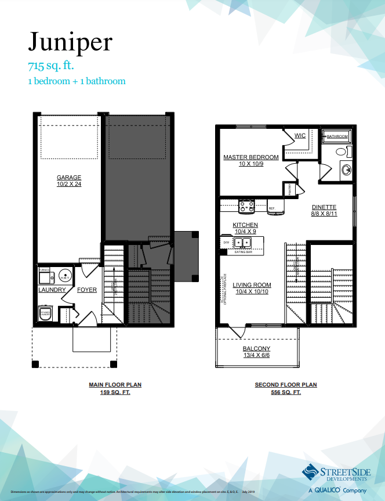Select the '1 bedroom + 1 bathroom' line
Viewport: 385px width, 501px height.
pyautogui.click(x=77, y=81)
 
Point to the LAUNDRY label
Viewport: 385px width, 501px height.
pyautogui.click(x=52, y=289)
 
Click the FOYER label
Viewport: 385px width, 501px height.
pyautogui.click(x=87, y=289)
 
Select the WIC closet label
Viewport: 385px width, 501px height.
pyautogui.click(x=300, y=136)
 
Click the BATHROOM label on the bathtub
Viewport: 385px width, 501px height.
pyautogui.click(x=337, y=136)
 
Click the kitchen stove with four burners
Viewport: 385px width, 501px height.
pyautogui.click(x=247, y=204)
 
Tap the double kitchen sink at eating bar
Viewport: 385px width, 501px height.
pyautogui.click(x=242, y=242)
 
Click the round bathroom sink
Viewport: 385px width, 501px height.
pyautogui.click(x=346, y=170)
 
